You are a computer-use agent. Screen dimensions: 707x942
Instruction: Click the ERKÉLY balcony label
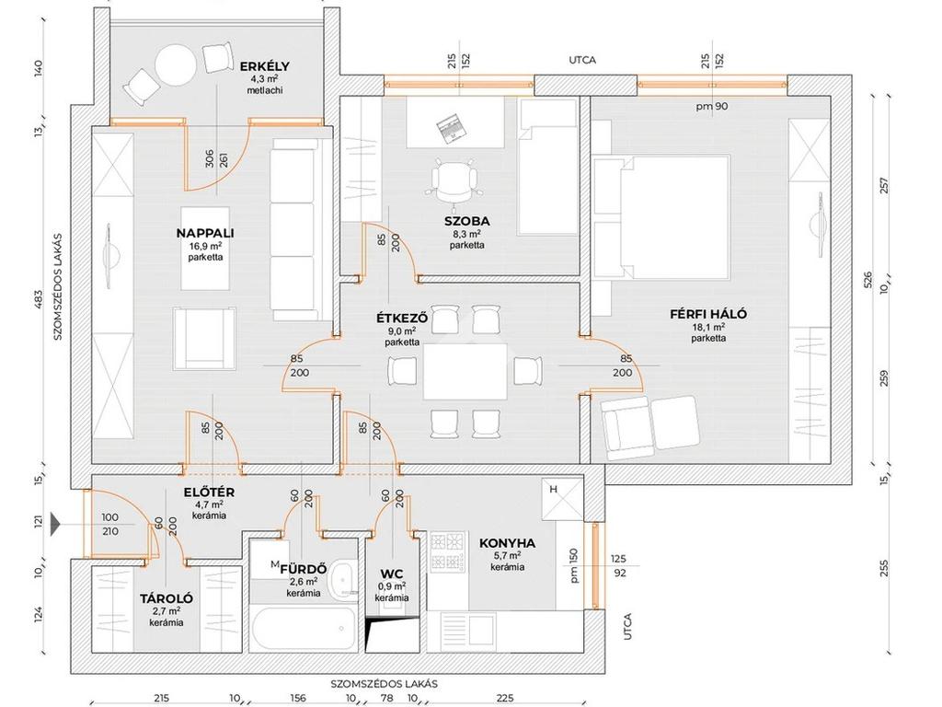click(265, 66)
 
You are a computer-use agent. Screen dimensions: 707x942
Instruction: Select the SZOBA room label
click(466, 221)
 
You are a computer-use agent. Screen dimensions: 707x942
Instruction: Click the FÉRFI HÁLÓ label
click(708, 314)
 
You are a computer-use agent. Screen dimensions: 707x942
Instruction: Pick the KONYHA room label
click(507, 543)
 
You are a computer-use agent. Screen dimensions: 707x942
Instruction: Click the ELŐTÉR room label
click(209, 493)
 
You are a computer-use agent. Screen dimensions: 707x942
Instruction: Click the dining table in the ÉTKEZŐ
click(465, 371)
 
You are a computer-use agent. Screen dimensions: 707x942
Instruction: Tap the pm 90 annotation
click(712, 107)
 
